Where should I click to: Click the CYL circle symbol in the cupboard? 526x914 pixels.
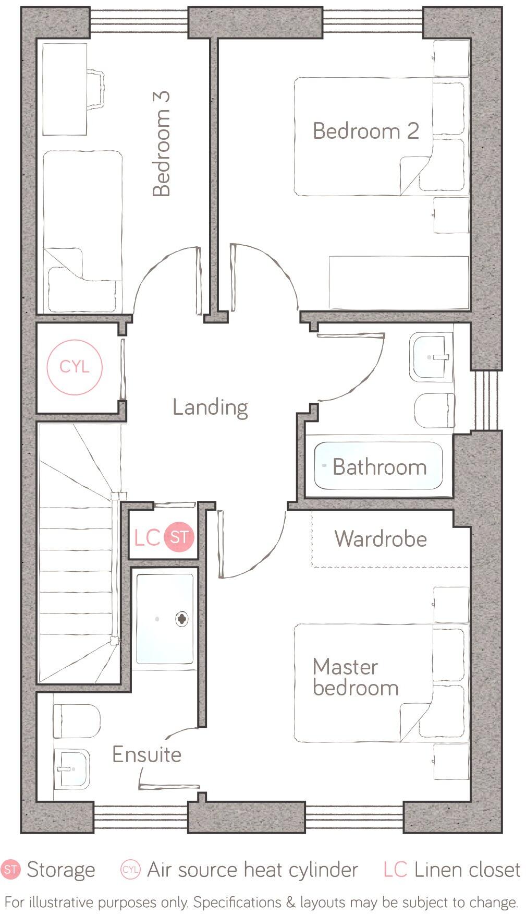(75, 367)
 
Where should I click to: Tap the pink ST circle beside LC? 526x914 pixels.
(179, 537)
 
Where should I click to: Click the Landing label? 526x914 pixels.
(210, 407)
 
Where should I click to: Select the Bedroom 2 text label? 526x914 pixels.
(366, 130)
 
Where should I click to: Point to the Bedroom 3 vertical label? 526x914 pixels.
(162, 144)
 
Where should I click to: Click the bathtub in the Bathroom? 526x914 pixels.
(378, 466)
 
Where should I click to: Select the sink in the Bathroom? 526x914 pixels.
(432, 357)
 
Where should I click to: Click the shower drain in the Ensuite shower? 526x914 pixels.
(181, 619)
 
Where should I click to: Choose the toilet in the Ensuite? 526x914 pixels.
(77, 721)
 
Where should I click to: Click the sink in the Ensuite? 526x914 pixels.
(71, 769)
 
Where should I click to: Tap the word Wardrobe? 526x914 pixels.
(381, 539)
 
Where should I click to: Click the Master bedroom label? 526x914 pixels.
(355, 677)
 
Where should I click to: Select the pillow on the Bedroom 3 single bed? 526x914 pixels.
(82, 289)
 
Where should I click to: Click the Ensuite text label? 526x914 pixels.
(147, 754)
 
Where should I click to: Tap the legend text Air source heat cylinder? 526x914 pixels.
(252, 870)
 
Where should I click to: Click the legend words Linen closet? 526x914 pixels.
(467, 870)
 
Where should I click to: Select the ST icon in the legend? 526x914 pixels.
(10, 870)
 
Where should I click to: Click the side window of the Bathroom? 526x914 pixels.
(487, 400)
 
